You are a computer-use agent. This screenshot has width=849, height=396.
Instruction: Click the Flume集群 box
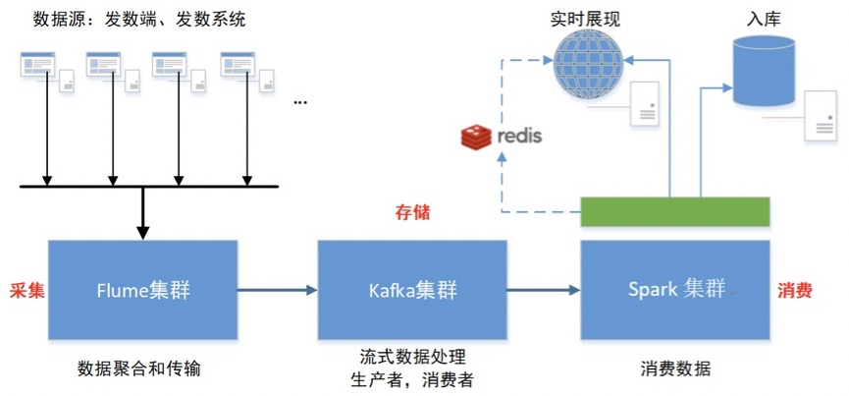[x=143, y=289]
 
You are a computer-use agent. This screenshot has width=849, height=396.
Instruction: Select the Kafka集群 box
[x=412, y=289]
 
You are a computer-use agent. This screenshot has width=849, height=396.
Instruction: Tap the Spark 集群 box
[x=676, y=289]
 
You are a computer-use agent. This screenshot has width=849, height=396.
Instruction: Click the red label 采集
[x=25, y=290]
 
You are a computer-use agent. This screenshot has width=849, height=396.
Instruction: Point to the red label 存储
[x=412, y=212]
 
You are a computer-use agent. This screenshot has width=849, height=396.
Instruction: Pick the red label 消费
[x=793, y=290]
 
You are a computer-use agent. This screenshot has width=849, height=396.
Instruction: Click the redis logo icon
[x=477, y=137]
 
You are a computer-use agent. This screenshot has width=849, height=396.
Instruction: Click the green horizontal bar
[x=674, y=211]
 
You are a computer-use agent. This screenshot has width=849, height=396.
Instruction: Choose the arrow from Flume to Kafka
[x=278, y=290]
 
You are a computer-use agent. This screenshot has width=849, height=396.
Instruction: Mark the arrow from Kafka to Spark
[x=544, y=290]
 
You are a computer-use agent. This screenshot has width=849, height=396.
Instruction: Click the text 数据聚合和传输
[x=143, y=368]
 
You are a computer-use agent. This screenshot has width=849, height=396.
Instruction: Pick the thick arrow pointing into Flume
[x=143, y=212]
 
